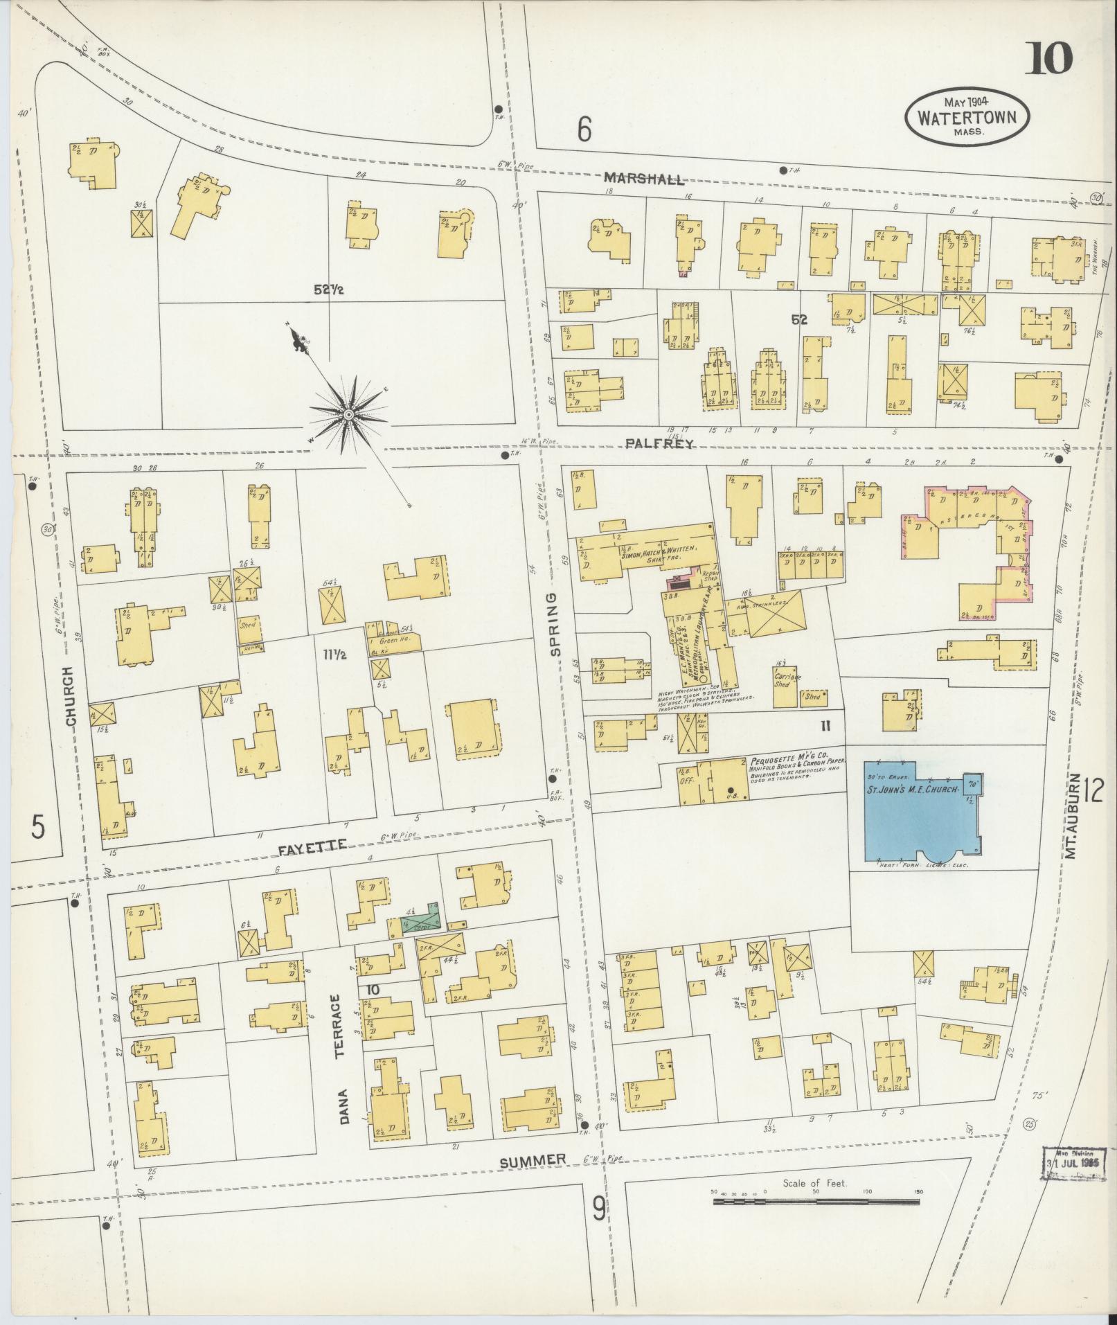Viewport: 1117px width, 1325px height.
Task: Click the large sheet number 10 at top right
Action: (1048, 58)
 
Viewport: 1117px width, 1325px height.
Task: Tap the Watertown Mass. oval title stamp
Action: (967, 116)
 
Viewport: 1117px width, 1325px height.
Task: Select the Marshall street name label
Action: (643, 179)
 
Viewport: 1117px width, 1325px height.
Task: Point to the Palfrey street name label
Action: (659, 444)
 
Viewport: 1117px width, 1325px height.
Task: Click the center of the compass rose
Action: (349, 414)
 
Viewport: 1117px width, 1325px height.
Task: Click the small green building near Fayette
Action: (418, 924)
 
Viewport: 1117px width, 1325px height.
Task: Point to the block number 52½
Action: (329, 291)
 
